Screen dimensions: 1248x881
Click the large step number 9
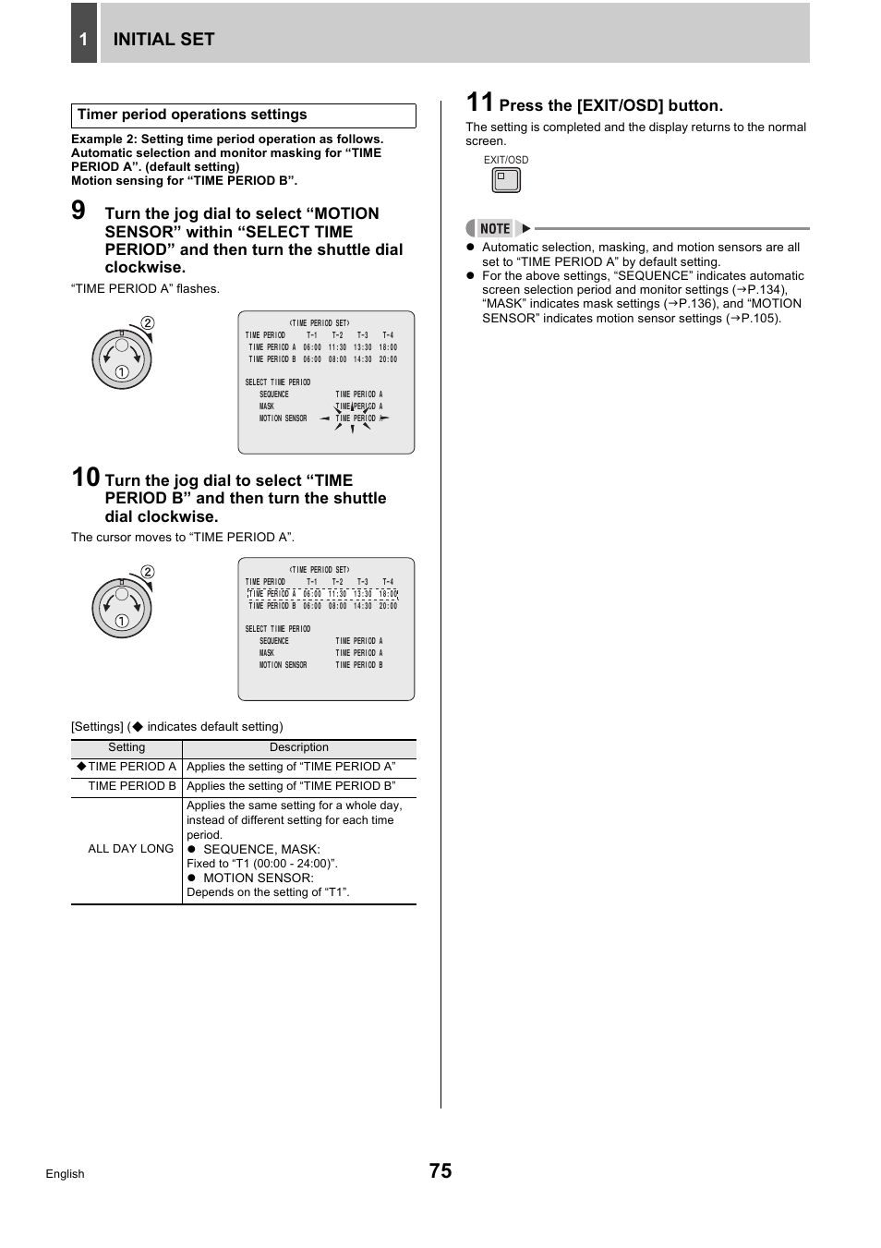78,211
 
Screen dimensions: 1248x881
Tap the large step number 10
85,478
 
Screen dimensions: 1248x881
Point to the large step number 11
479,103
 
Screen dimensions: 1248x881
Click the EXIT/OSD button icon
506,180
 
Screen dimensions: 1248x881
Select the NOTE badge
495,228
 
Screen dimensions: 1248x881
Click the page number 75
440,1171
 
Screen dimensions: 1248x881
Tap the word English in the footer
65,1174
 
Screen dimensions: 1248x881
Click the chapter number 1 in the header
83,39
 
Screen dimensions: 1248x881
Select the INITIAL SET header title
163,39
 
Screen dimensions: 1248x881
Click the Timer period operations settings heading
192,115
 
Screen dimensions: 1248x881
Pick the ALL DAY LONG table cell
130,849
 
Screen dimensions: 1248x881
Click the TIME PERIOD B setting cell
132,786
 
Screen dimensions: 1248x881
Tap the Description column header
298,747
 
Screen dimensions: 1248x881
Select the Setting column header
127,747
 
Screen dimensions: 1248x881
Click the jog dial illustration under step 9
121,359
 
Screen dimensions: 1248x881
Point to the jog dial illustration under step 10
121,608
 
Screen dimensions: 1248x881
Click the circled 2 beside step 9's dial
148,323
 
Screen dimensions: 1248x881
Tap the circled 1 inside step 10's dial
121,621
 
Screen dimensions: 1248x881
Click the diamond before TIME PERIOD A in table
81,766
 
